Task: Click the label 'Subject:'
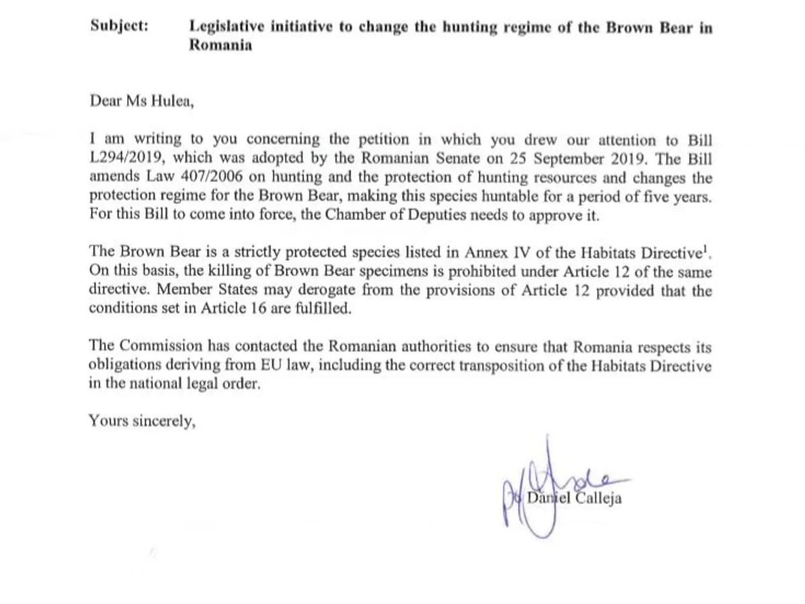tap(119, 28)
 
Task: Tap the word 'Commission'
tap(161, 347)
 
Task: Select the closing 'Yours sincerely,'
tap(142, 422)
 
